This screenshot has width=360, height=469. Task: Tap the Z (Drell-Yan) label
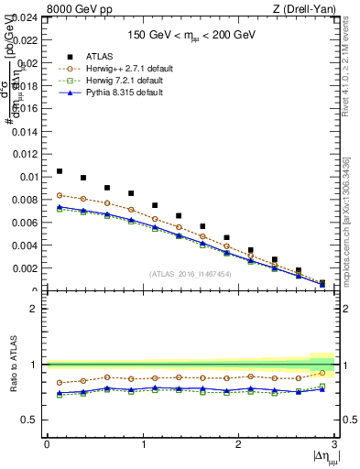click(310, 9)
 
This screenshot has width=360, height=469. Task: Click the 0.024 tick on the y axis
click(27, 16)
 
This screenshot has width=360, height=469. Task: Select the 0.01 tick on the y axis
click(30, 177)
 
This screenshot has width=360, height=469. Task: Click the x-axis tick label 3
click(335, 445)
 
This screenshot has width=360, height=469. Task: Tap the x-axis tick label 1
click(143, 445)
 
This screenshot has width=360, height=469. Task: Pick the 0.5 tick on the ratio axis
click(33, 420)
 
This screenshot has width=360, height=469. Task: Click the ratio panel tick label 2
click(37, 309)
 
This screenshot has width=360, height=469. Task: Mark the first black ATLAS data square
click(60, 171)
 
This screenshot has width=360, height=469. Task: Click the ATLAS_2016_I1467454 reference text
click(191, 274)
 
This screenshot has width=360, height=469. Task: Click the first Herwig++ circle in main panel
click(60, 195)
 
